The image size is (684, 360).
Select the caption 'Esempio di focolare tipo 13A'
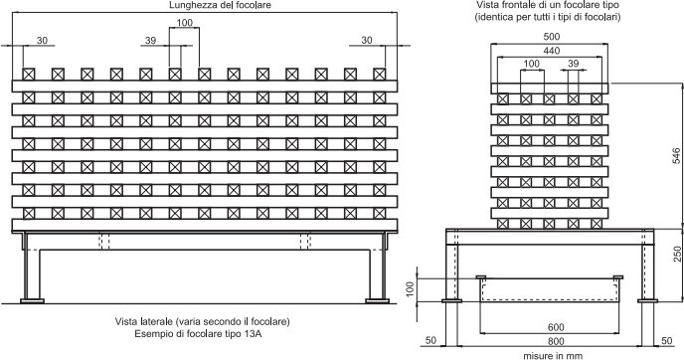tap(203, 335)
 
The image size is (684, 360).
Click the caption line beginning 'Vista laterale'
tap(203, 322)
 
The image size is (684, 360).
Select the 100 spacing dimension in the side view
tap(184, 23)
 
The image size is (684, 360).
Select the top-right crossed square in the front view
tap(596, 98)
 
